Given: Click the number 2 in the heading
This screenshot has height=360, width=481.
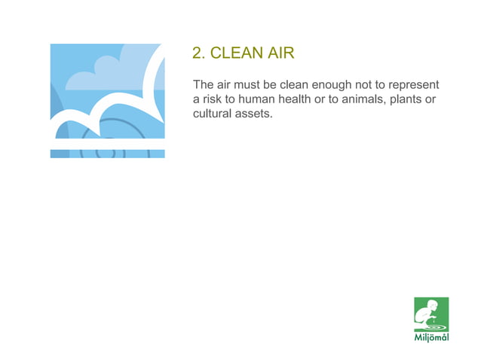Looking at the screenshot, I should click(198, 53).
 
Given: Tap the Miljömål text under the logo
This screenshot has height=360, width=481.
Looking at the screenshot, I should click(430, 337).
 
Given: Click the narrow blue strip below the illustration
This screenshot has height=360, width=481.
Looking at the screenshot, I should click(107, 154).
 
